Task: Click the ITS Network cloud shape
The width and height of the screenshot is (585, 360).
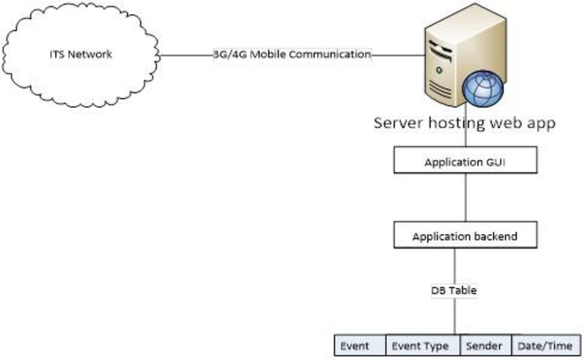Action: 80,55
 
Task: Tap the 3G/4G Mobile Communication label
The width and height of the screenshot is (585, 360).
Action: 292,54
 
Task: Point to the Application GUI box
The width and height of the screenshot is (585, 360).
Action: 466,162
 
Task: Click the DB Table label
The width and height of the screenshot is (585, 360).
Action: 453,290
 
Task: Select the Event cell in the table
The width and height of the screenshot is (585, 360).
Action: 355,345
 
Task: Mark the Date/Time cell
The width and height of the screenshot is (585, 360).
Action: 546,345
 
